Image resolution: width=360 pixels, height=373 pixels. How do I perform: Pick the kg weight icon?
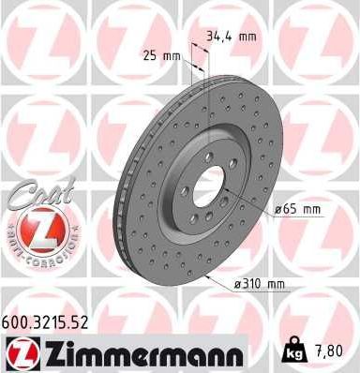coord(291,350)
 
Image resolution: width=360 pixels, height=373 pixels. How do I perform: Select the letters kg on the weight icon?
coord(291,353)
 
